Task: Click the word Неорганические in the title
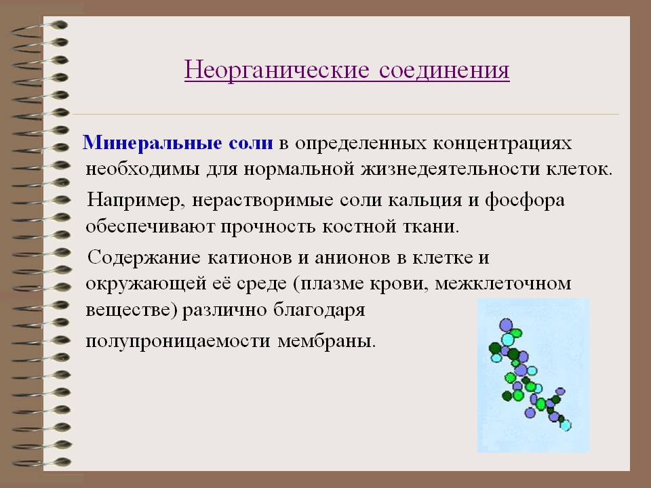(277, 70)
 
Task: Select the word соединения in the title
(444, 70)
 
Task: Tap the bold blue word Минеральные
(153, 143)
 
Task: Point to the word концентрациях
(502, 144)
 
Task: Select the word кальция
(425, 201)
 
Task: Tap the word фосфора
(524, 201)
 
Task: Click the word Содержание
(144, 258)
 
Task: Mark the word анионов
(353, 258)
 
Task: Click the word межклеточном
(502, 284)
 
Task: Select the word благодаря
(319, 310)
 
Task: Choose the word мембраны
(327, 342)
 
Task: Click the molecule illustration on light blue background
(534, 375)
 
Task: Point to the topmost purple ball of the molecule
(506, 325)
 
